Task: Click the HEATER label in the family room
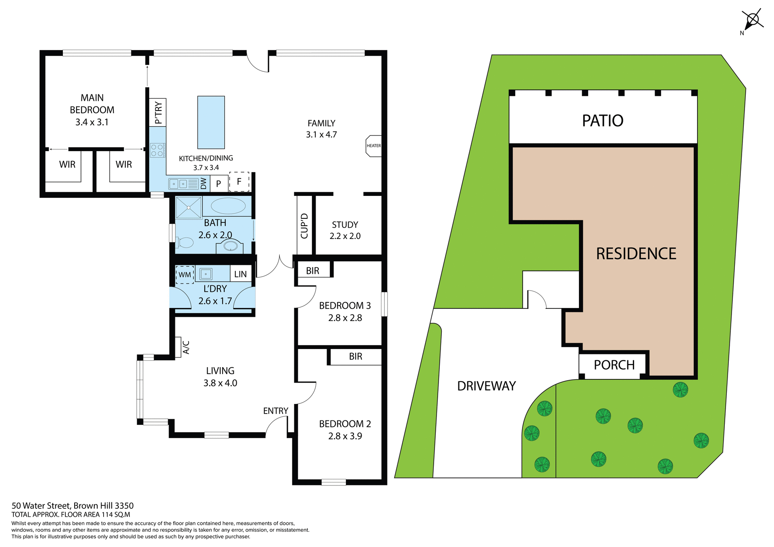click(374, 146)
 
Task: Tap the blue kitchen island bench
click(211, 123)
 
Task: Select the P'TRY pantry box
click(158, 112)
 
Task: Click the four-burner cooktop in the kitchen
click(157, 150)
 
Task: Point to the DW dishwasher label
click(204, 183)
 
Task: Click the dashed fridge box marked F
click(239, 182)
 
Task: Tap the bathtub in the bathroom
click(228, 206)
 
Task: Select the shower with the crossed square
click(189, 208)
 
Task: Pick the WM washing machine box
click(185, 275)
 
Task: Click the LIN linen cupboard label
click(240, 275)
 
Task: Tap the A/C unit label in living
click(186, 347)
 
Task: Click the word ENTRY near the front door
click(276, 411)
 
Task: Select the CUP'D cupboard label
click(304, 226)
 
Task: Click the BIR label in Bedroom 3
click(312, 271)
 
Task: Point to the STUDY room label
click(345, 225)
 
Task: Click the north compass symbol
click(752, 20)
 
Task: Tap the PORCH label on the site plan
click(614, 365)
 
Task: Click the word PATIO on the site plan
click(603, 121)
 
